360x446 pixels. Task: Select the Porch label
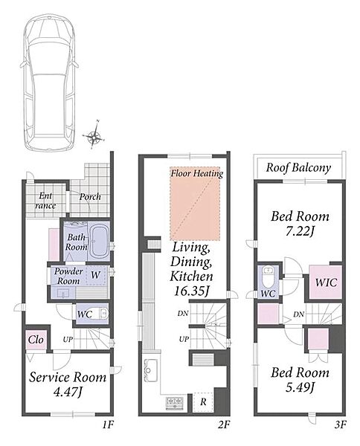pyautogui.click(x=90, y=197)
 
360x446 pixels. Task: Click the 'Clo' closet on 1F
pyautogui.click(x=36, y=340)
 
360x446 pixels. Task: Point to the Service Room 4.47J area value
pyautogui.click(x=68, y=392)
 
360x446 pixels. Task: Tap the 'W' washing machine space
pyautogui.click(x=96, y=275)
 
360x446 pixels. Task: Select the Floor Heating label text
pyautogui.click(x=196, y=173)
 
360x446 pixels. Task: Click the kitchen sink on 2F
pyautogui.click(x=151, y=369)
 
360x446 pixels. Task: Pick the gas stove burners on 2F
pyautogui.click(x=175, y=402)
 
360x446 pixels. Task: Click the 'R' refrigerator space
pyautogui.click(x=203, y=402)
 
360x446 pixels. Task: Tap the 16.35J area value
pyautogui.click(x=191, y=291)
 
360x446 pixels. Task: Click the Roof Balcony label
pyautogui.click(x=298, y=168)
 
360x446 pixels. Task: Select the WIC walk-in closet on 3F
pyautogui.click(x=326, y=282)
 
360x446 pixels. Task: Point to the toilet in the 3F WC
pyautogui.click(x=268, y=277)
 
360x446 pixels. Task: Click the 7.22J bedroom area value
pyautogui.click(x=300, y=232)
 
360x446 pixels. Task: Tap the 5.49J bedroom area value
pyautogui.click(x=300, y=387)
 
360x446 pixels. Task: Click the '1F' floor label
pyautogui.click(x=108, y=425)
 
